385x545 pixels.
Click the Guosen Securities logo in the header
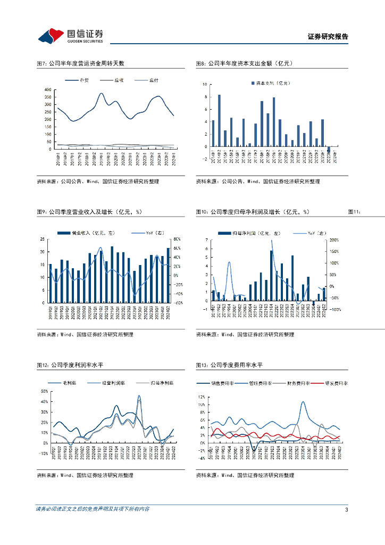(x=70, y=36)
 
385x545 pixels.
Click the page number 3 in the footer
(x=346, y=509)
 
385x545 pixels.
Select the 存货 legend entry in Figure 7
(x=83, y=80)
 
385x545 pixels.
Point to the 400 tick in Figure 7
(x=48, y=89)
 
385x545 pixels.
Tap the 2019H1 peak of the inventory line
(x=101, y=94)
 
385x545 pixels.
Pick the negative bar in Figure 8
(x=329, y=150)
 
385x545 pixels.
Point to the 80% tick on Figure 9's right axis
(x=177, y=239)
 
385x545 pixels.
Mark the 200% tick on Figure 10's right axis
(x=334, y=240)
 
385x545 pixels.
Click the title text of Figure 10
(x=252, y=212)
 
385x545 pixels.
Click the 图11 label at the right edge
(x=354, y=212)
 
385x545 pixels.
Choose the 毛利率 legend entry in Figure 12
(x=64, y=383)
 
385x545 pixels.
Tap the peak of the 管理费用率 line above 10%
(x=303, y=402)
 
